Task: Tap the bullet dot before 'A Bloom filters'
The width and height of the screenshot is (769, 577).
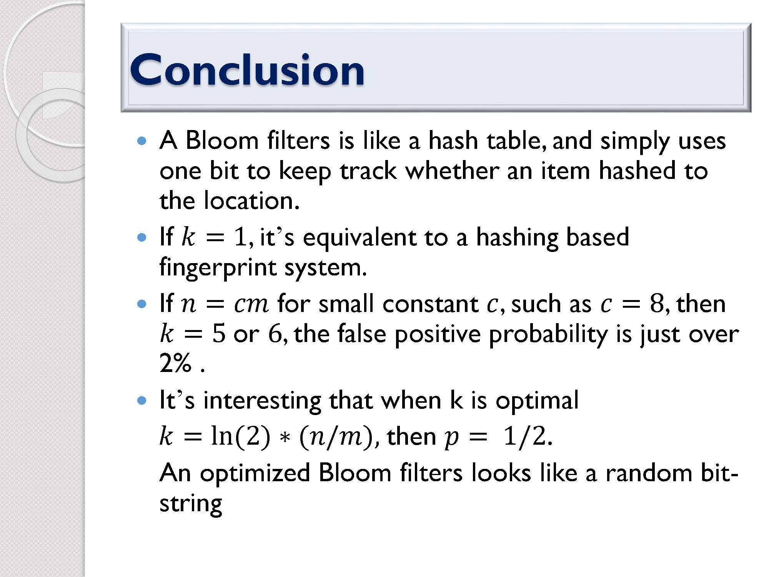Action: pos(142,141)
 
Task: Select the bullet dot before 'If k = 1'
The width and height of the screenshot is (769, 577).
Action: pos(142,237)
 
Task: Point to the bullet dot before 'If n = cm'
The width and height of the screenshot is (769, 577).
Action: pos(142,304)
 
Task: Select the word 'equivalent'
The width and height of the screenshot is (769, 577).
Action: pos(360,237)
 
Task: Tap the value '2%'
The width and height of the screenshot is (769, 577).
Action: pos(175,362)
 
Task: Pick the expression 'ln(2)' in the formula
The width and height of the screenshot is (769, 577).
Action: pos(241,437)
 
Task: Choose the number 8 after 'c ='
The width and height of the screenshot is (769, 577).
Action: pos(656,304)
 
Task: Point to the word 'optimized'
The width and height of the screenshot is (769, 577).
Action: pos(255,474)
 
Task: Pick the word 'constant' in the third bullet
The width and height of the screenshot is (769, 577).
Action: pos(430,304)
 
